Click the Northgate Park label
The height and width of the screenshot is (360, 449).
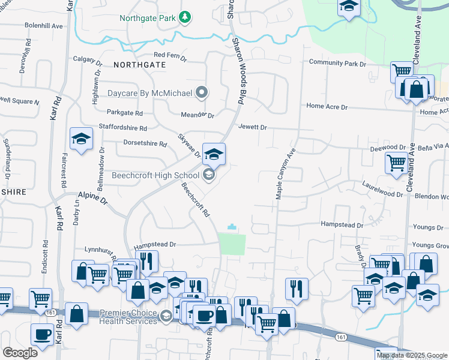146,17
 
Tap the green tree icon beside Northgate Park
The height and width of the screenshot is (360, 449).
186,17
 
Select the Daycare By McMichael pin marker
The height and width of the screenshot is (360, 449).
203,93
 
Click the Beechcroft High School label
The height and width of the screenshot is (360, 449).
155,176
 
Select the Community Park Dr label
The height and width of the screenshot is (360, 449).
337,64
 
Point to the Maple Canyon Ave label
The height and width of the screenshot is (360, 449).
286,175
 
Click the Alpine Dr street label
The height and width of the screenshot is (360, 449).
92,197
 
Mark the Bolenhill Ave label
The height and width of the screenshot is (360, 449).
44,26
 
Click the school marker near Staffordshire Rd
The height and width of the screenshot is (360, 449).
81,139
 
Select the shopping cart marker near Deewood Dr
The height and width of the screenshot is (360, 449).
396,162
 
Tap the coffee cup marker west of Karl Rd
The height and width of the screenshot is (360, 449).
42,334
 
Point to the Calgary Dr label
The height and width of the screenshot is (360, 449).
88,59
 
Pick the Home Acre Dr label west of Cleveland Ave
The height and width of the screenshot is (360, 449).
327,106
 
